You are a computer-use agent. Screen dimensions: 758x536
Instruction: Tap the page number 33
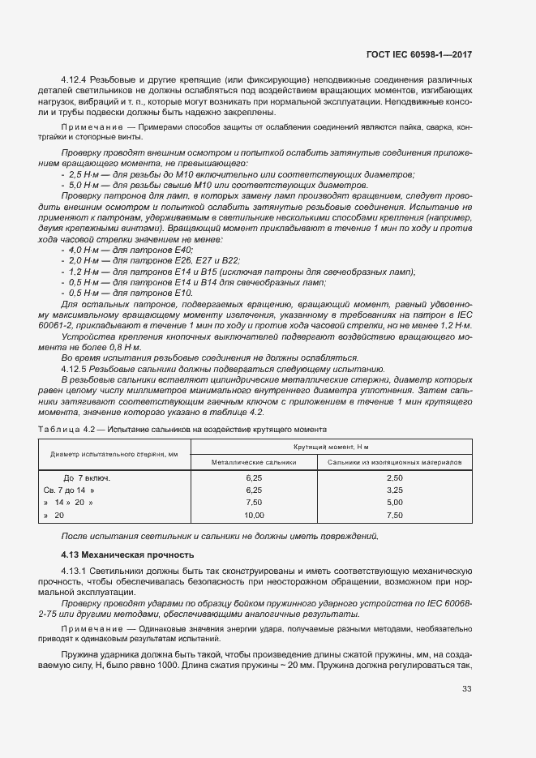[466, 690]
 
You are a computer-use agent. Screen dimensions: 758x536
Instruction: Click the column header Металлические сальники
[254, 462]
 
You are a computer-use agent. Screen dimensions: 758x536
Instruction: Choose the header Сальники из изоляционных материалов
[395, 462]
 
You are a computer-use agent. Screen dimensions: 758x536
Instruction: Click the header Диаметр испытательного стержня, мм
[114, 454]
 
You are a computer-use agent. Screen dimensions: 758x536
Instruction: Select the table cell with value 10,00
[254, 515]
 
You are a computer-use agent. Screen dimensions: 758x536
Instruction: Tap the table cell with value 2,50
[395, 478]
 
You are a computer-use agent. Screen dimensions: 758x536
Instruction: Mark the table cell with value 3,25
[395, 490]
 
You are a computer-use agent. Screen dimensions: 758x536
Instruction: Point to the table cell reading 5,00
[395, 503]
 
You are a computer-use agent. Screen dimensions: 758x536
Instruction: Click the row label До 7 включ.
[86, 478]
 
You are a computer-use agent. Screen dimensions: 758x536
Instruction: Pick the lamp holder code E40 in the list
[180, 250]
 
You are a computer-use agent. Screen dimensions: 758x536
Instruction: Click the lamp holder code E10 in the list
[182, 292]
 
